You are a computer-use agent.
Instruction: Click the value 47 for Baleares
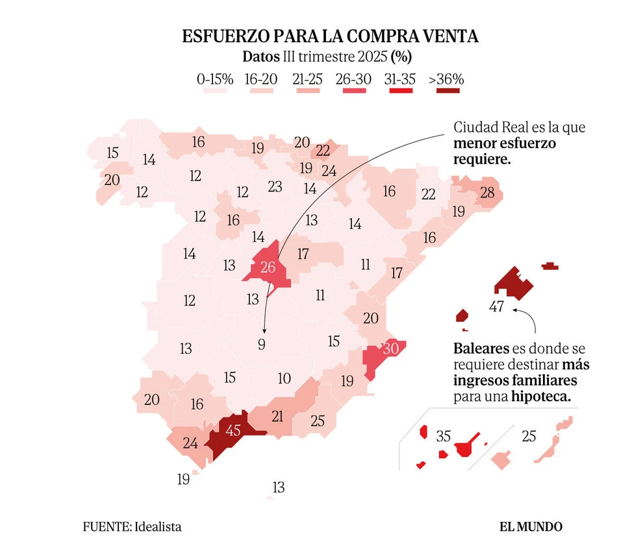[497, 306]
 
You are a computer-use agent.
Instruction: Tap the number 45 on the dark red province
[233, 430]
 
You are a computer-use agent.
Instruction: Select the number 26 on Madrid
[268, 267]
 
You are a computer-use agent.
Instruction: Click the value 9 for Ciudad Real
[262, 345]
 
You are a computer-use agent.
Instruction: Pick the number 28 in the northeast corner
[487, 192]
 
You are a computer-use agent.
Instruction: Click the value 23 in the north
[275, 187]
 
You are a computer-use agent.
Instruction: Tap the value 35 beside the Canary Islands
[444, 436]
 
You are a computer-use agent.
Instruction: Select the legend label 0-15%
[215, 79]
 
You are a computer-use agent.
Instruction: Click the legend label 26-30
[354, 79]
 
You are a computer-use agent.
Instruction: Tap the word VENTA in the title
[450, 36]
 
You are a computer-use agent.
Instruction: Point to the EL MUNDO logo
[531, 526]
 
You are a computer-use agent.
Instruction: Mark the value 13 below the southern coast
[279, 487]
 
